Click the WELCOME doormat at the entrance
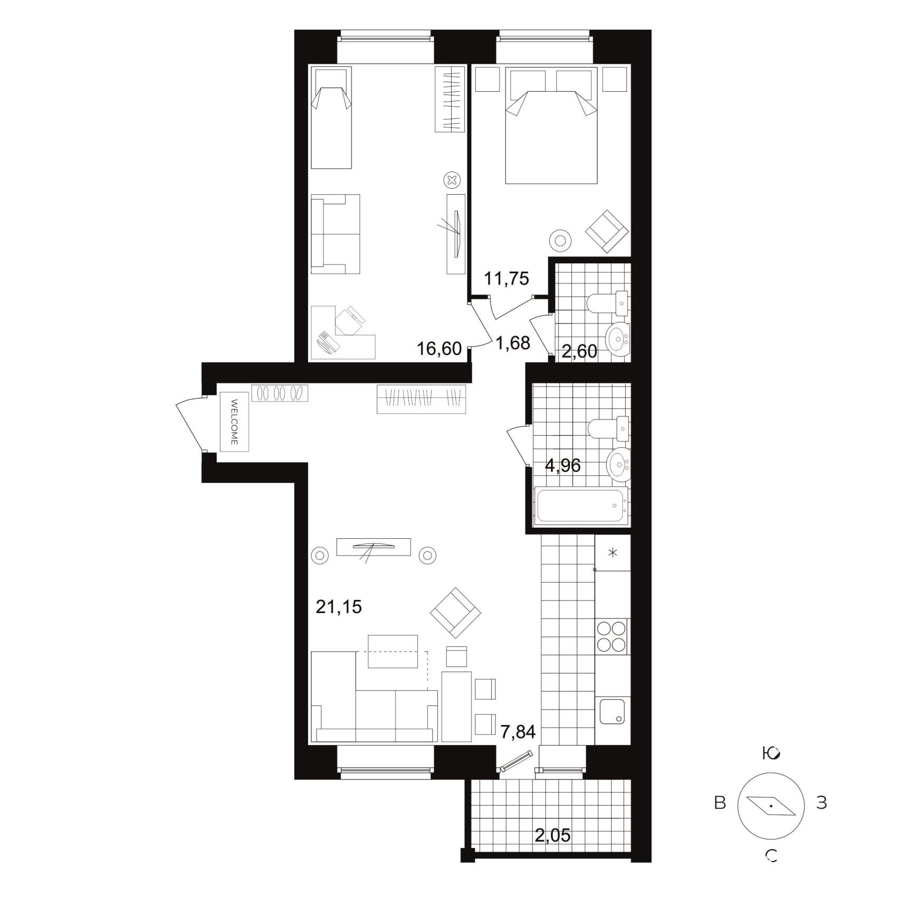click(234, 422)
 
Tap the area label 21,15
click(339, 607)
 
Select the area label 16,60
click(439, 349)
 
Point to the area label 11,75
click(507, 278)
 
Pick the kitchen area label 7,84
click(518, 732)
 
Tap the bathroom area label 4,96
click(562, 465)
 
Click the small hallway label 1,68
click(512, 343)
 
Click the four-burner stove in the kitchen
click(612, 637)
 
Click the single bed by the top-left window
click(331, 118)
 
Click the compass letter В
click(720, 803)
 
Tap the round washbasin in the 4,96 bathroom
click(618, 464)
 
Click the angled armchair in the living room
click(455, 613)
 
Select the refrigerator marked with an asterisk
click(612, 553)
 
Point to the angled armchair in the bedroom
click(607, 231)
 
